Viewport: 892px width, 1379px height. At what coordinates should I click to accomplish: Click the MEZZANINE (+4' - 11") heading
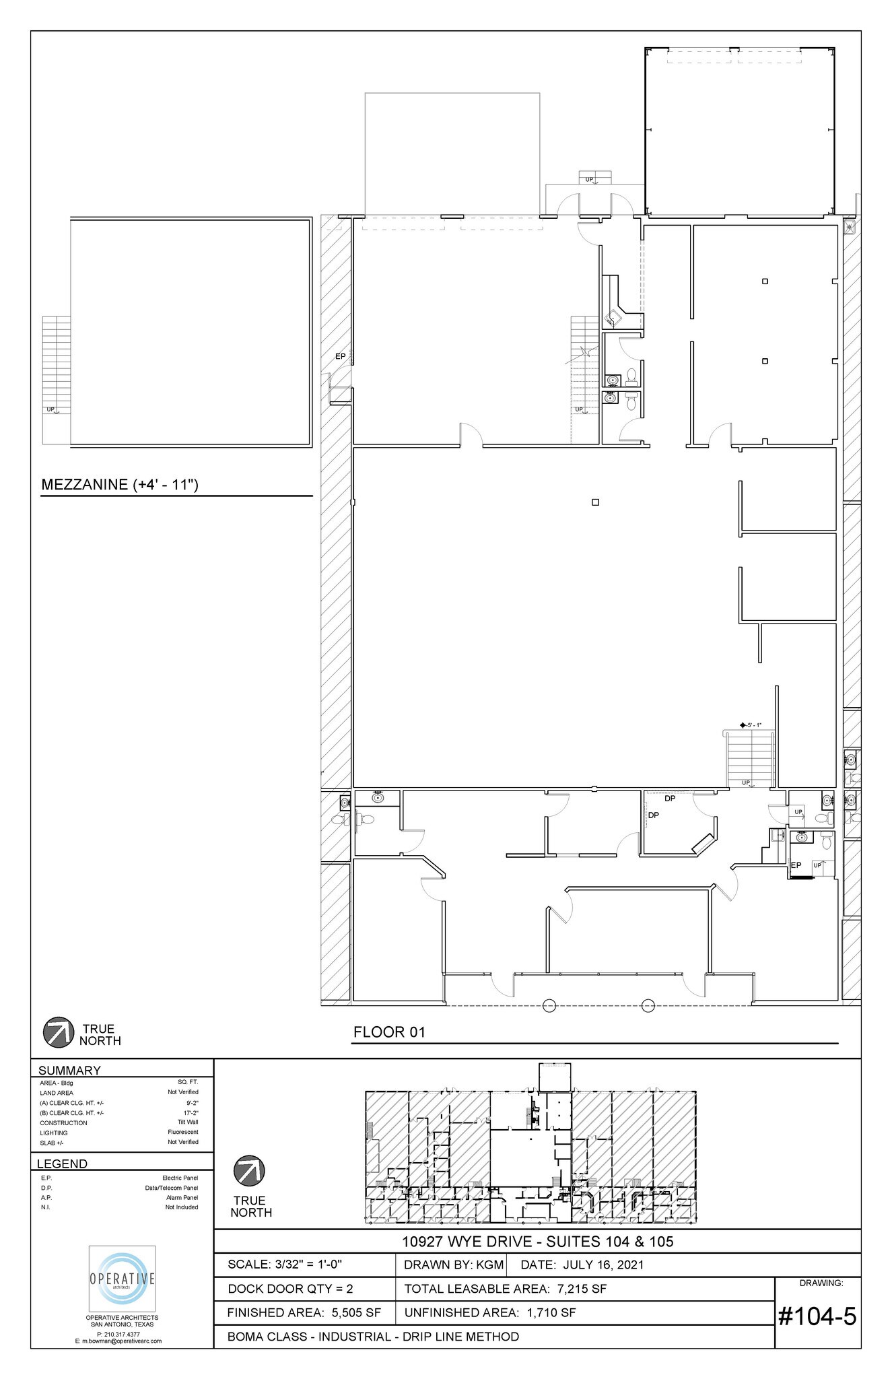[120, 484]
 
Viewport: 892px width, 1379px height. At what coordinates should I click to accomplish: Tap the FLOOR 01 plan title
[389, 1032]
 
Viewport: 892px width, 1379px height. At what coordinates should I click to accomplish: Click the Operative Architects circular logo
[123, 1279]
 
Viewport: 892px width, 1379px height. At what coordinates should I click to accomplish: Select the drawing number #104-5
[817, 1316]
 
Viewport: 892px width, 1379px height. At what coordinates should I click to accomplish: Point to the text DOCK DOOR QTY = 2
[290, 1289]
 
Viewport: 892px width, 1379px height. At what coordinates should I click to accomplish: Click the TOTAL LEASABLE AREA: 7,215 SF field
[505, 1289]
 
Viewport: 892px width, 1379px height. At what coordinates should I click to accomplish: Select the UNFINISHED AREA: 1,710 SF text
[489, 1312]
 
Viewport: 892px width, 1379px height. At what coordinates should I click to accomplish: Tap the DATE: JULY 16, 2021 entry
[582, 1265]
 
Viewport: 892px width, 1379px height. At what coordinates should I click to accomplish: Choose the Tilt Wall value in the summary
[187, 1122]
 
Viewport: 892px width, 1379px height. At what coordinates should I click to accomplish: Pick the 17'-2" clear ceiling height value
[191, 1112]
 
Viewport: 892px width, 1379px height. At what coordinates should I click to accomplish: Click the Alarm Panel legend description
[182, 1197]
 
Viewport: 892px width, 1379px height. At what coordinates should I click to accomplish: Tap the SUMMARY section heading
[69, 1070]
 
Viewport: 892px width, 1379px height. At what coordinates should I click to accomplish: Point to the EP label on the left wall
[340, 356]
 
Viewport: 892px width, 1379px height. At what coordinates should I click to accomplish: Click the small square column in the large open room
[595, 502]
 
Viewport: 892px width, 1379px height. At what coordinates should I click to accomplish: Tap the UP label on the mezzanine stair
[50, 409]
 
